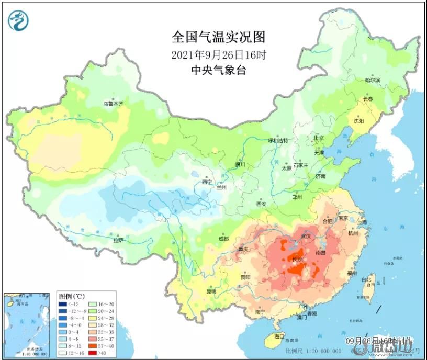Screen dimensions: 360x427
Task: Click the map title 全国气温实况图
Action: point(218,37)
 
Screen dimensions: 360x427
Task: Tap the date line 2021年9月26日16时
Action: point(218,54)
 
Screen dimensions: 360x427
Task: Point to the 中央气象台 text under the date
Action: point(218,70)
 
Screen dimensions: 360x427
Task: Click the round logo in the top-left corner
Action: point(18,20)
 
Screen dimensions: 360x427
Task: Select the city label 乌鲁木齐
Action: point(114,104)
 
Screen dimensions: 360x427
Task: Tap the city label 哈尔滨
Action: point(372,80)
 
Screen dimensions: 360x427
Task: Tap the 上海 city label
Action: point(361,222)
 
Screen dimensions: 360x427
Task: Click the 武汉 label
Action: point(306,237)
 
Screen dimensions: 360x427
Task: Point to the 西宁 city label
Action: point(207,182)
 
